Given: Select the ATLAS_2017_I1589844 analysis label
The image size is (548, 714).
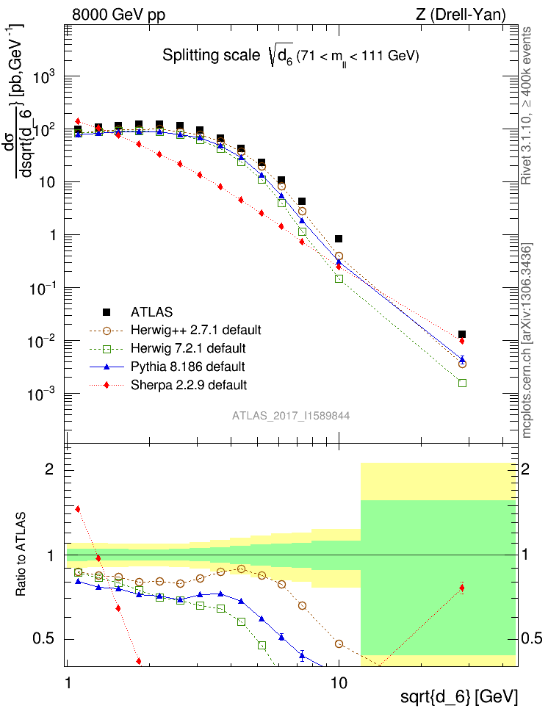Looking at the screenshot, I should tap(291, 415).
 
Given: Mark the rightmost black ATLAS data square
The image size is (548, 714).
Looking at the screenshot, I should tap(462, 334).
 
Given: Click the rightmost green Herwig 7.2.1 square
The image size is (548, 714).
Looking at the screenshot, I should tap(462, 383).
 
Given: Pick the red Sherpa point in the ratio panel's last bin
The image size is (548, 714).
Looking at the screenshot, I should tap(461, 587).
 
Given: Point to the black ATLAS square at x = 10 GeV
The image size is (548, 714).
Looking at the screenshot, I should tap(339, 239).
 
